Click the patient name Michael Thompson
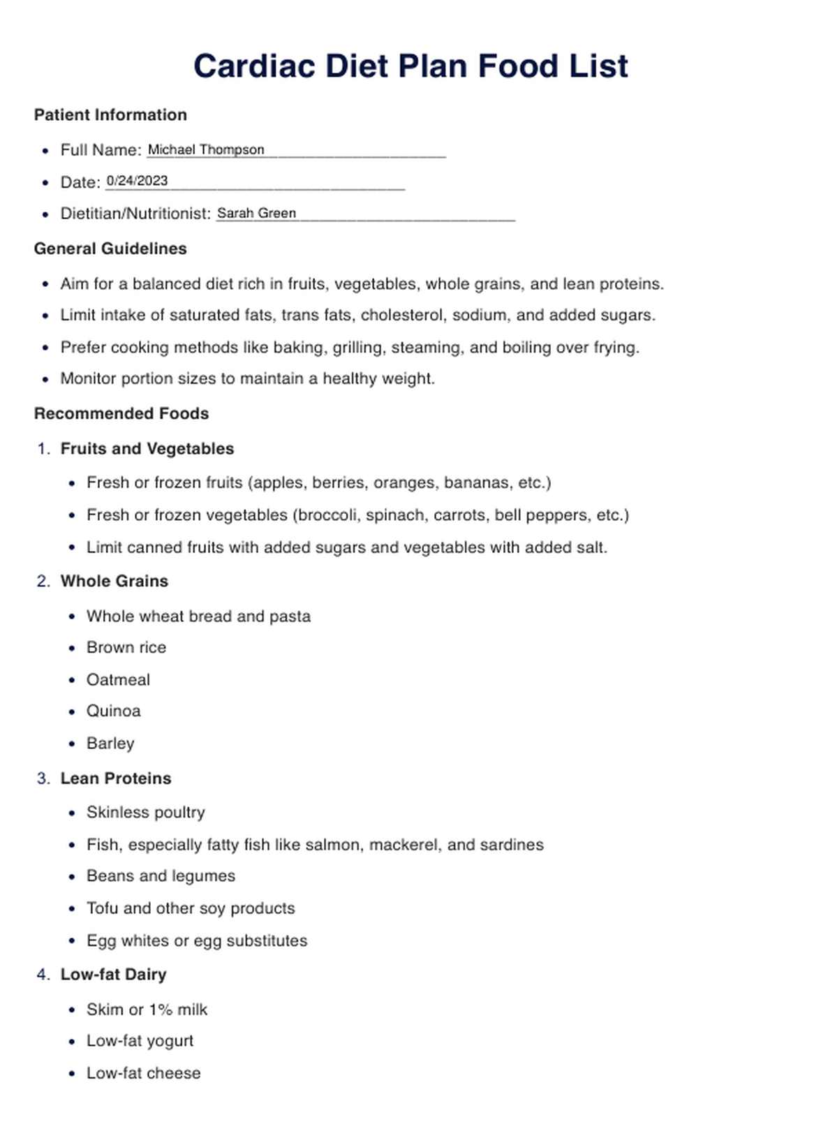coord(206,149)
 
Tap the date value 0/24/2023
coord(137,181)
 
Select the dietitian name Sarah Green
coord(256,213)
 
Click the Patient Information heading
coord(110,114)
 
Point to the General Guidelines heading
coord(110,249)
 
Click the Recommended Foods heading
coord(121,413)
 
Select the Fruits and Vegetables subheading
coord(147,448)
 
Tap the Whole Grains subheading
coord(114,581)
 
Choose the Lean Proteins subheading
coord(116,778)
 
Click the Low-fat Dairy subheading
coord(114,974)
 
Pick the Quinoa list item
coord(114,711)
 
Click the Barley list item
coord(110,743)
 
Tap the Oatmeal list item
coord(118,679)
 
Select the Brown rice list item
coord(126,647)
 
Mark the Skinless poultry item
coord(146,812)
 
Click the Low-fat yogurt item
coord(140,1041)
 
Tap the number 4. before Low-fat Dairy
coord(43,974)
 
